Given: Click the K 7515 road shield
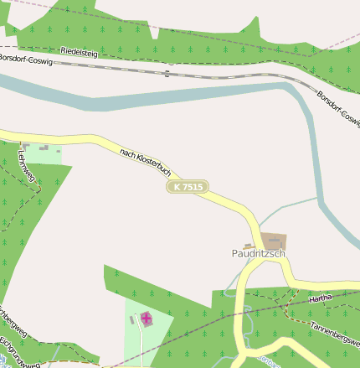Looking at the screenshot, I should click(x=187, y=187).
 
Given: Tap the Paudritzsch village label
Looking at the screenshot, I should click(x=259, y=253).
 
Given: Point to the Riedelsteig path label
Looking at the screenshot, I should click(x=80, y=53).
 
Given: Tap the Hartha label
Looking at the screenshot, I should click(x=321, y=298).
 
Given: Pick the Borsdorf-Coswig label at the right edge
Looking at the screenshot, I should click(x=337, y=106).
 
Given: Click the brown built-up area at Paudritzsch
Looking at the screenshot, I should click(x=273, y=241).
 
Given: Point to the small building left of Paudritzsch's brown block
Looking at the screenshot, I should click(x=248, y=245).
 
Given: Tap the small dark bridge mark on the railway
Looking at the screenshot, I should click(x=167, y=74).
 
